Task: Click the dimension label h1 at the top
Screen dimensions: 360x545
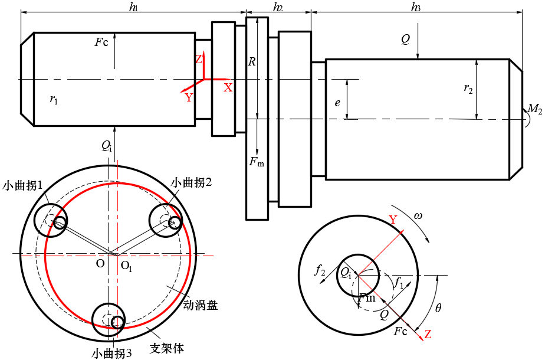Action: (x=133, y=8)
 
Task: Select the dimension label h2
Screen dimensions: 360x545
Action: (x=278, y=8)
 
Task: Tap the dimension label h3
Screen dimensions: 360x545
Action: (x=416, y=8)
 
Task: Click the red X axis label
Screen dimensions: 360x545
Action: (x=228, y=87)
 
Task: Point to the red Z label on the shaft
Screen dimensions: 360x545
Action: (x=199, y=60)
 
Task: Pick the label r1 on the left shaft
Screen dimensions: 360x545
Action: (x=54, y=100)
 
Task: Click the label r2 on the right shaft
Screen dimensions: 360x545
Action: (x=468, y=89)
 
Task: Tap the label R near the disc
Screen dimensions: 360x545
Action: (x=252, y=61)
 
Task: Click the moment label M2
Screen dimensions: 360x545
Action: (x=534, y=109)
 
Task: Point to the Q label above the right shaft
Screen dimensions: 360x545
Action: (x=405, y=40)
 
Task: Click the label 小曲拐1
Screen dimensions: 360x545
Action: (x=24, y=185)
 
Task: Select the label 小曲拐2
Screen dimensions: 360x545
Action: (x=191, y=183)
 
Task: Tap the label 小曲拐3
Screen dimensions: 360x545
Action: (x=111, y=354)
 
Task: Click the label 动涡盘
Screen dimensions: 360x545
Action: (x=201, y=305)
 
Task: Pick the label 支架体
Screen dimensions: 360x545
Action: (x=167, y=348)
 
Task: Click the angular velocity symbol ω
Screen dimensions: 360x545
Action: (x=418, y=216)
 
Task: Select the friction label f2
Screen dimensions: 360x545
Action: (x=320, y=271)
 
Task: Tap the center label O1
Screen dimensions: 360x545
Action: (x=126, y=266)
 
